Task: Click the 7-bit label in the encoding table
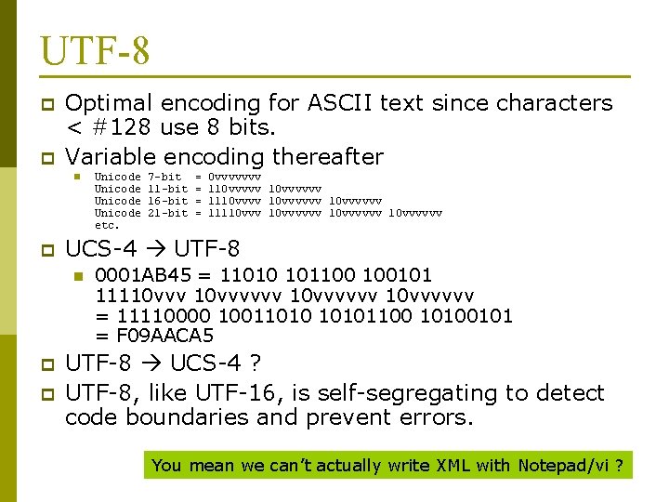[165, 177]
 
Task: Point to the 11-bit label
[168, 189]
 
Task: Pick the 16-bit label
[168, 201]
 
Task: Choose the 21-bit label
[168, 213]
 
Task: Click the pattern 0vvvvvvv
[234, 177]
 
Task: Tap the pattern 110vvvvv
[234, 189]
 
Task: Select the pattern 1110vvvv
[234, 201]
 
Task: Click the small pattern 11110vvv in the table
[234, 213]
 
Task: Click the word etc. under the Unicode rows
[108, 225]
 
